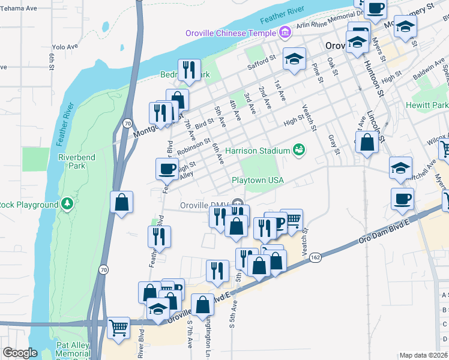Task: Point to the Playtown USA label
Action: [257, 180]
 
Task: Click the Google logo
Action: [20, 353]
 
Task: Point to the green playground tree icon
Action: [68, 205]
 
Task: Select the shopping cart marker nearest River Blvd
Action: [118, 328]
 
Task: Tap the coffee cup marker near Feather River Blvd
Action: [167, 169]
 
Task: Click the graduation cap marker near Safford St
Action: [294, 59]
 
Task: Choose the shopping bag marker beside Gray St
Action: [366, 143]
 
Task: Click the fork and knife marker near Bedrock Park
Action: [188, 70]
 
